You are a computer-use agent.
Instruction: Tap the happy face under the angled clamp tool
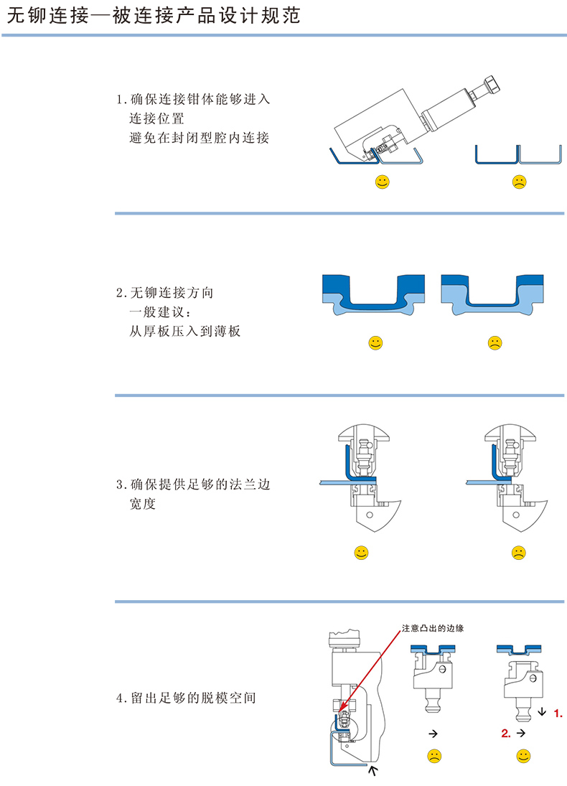point(383,182)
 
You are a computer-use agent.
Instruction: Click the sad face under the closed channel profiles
point(518,182)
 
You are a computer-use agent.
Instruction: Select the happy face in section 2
point(375,343)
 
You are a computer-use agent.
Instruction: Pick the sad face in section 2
point(495,343)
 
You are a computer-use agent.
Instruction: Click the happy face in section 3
point(362,553)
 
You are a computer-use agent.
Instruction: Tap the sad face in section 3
point(518,553)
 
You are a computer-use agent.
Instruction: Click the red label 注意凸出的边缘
point(433,629)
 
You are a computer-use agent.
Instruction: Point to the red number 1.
point(558,714)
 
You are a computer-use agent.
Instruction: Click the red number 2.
point(506,734)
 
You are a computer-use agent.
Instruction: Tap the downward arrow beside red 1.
point(541,713)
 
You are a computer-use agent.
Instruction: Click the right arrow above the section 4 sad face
point(433,734)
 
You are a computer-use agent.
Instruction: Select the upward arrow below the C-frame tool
point(372,771)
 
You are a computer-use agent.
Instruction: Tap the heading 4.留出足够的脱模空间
point(186,698)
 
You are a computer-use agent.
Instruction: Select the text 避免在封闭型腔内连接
point(199,138)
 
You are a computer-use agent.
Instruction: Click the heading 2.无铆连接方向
point(164,293)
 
